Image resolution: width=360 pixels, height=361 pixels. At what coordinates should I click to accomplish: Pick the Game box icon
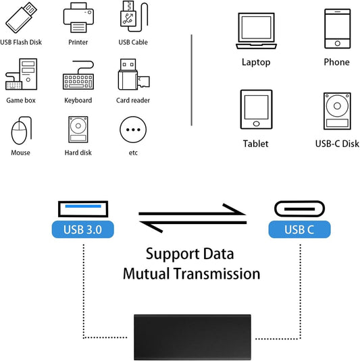click(x=21, y=74)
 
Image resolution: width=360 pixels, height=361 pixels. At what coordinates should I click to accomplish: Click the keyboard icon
click(x=78, y=76)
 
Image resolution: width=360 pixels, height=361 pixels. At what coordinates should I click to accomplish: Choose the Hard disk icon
click(x=78, y=129)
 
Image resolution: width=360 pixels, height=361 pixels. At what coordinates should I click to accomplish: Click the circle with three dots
click(x=133, y=130)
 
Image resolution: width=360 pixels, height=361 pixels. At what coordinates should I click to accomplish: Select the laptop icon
click(x=255, y=32)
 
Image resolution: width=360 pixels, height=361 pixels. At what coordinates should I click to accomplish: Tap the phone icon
click(x=336, y=28)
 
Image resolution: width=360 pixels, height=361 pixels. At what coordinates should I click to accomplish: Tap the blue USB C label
click(x=300, y=229)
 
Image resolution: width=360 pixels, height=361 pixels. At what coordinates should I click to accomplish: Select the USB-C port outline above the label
click(x=300, y=206)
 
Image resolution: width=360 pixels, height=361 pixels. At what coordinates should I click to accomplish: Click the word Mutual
click(x=152, y=273)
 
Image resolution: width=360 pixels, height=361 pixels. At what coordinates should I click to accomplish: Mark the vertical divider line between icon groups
click(x=192, y=80)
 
